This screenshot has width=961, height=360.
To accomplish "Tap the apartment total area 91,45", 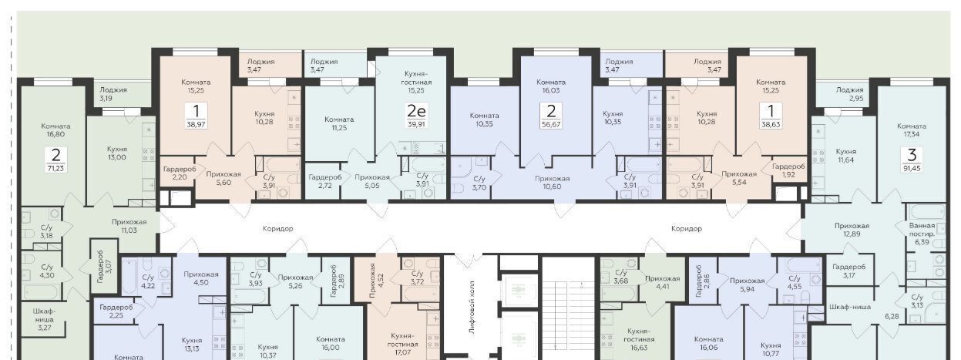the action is pos(912,168).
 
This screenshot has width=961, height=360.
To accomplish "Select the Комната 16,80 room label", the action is pos(55,130).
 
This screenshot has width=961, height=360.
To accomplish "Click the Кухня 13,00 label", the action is pos(116,153).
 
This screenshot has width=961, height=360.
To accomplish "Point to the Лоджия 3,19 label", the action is pos(113,94).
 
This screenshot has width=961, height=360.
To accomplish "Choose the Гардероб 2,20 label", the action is pos(180,173).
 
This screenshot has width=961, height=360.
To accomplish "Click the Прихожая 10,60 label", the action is pos(552,183).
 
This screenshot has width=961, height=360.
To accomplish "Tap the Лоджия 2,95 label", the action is pos(849,94).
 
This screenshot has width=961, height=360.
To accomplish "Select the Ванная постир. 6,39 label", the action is pos(922,234).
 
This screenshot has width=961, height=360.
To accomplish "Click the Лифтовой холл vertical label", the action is pos(472,308).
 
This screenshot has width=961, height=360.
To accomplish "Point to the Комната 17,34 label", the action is pos(912,130).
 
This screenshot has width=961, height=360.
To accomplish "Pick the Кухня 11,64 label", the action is pos(846,155).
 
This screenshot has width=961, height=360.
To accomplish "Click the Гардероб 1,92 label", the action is pos(788,170).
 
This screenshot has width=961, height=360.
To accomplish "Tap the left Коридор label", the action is pos(277,229).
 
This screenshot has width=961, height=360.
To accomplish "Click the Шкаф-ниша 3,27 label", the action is pos(44,319).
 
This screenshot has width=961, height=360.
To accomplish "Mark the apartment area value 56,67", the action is pos(551,124).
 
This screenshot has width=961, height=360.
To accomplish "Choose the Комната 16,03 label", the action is pos(551,86).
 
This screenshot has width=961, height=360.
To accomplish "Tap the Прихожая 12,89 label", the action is pos(852,230).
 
